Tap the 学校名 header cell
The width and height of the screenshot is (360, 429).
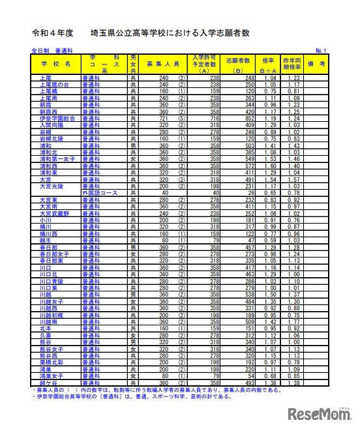pos(54,63)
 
